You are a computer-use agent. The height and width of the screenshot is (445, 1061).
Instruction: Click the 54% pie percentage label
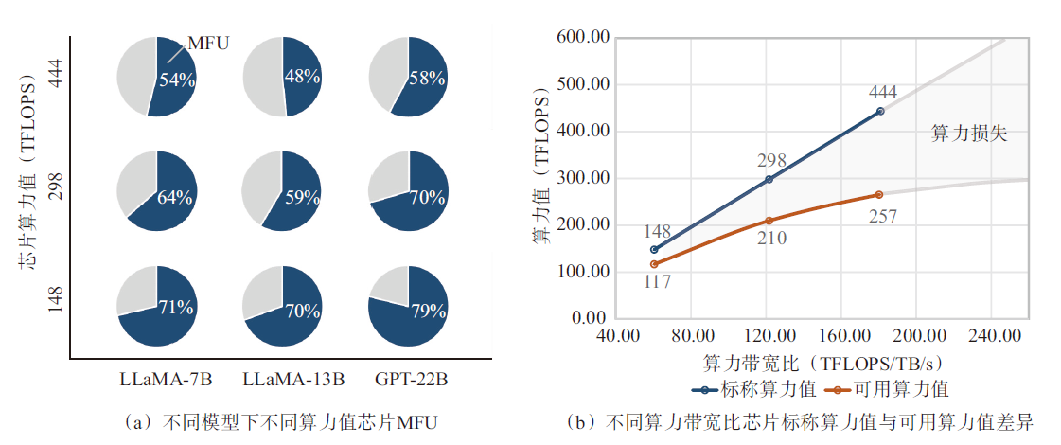point(176,80)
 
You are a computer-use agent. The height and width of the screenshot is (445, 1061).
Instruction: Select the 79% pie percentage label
point(426,309)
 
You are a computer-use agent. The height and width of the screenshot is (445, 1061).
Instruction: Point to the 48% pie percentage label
point(302,77)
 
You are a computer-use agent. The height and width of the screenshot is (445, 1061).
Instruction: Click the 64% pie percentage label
point(175,198)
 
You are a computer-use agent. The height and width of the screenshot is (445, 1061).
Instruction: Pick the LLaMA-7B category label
point(166,381)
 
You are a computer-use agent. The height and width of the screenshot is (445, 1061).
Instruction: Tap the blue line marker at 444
point(880,111)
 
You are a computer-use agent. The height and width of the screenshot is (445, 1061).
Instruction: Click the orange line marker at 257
point(879,194)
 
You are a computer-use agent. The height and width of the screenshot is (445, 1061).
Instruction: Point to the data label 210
point(771,239)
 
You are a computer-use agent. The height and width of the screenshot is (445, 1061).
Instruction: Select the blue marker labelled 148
point(654,249)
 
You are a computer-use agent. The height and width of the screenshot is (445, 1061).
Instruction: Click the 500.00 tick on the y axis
point(584,84)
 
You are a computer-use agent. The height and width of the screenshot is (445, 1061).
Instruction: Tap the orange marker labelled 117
point(654,264)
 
